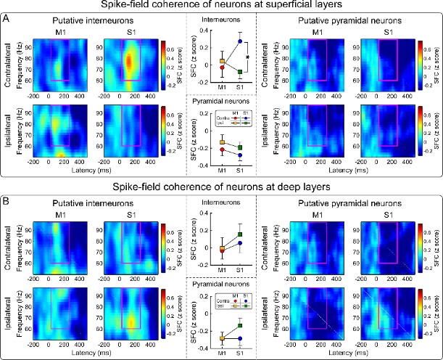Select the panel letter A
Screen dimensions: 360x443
coord(7,17)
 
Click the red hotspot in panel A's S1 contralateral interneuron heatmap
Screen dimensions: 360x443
coord(128,62)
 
